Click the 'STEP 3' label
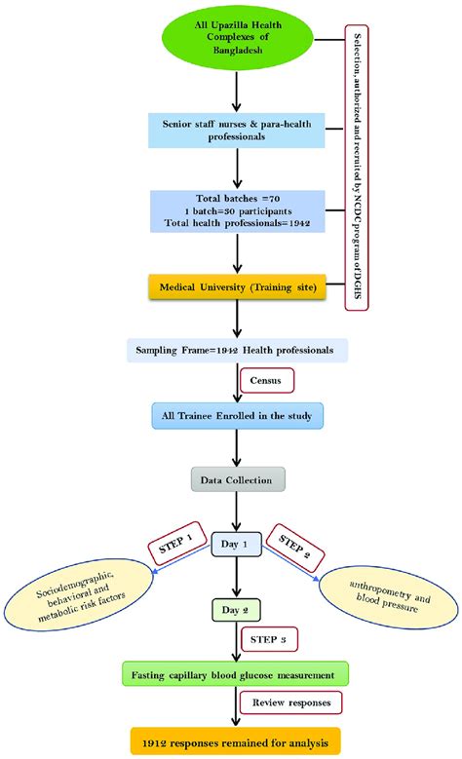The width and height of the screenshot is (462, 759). click(267, 639)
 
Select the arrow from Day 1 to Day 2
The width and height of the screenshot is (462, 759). click(236, 580)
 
